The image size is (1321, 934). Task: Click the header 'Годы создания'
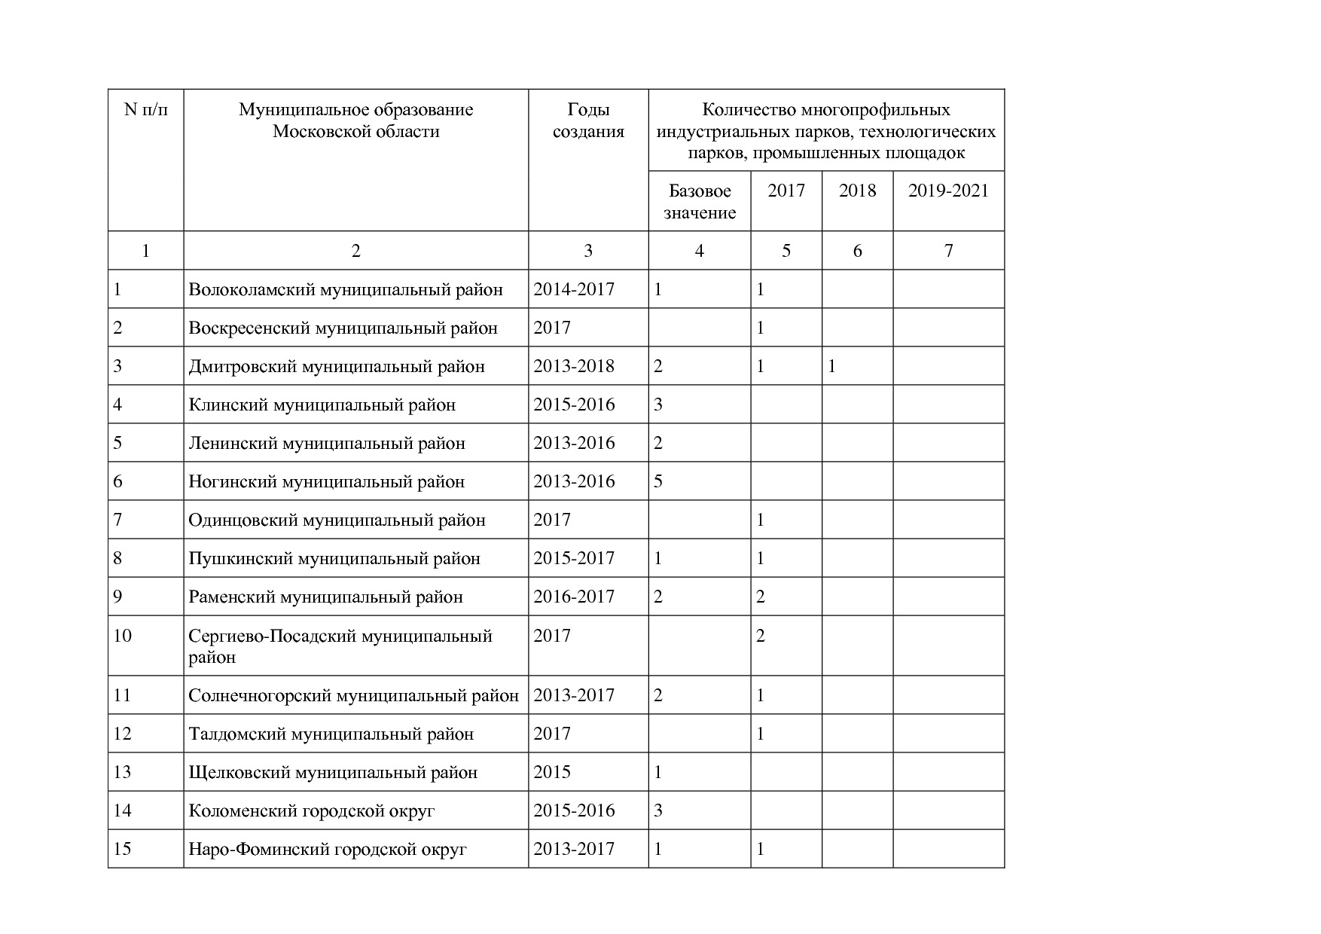[x=588, y=121]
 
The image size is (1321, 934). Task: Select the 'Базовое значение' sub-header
[x=700, y=201]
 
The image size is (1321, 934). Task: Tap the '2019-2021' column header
[x=947, y=191]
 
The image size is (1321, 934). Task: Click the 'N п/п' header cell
[x=145, y=110]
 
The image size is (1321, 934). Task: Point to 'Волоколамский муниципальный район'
[x=345, y=290]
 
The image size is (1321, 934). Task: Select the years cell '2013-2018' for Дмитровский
[x=574, y=367]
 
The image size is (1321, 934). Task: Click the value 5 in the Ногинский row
[x=658, y=481]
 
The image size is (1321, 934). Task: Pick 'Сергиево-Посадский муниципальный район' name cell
[x=340, y=646]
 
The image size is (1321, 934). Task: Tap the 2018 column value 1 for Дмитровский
[x=831, y=367]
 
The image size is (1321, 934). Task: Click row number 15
[x=122, y=849]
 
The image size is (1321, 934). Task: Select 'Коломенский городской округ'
[x=312, y=811]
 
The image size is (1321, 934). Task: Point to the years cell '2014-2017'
[x=574, y=290]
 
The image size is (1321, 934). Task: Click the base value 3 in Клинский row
[x=658, y=404]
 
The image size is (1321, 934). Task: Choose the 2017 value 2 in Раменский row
[x=760, y=597]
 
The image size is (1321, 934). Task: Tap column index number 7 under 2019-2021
[x=948, y=251]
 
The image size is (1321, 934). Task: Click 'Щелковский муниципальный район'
[x=333, y=773]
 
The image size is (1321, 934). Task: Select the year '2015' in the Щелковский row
[x=552, y=773]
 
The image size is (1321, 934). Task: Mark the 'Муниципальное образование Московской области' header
[x=355, y=121]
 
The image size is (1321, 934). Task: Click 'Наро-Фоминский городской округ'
[x=328, y=850]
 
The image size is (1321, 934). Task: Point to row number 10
[x=122, y=636]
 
